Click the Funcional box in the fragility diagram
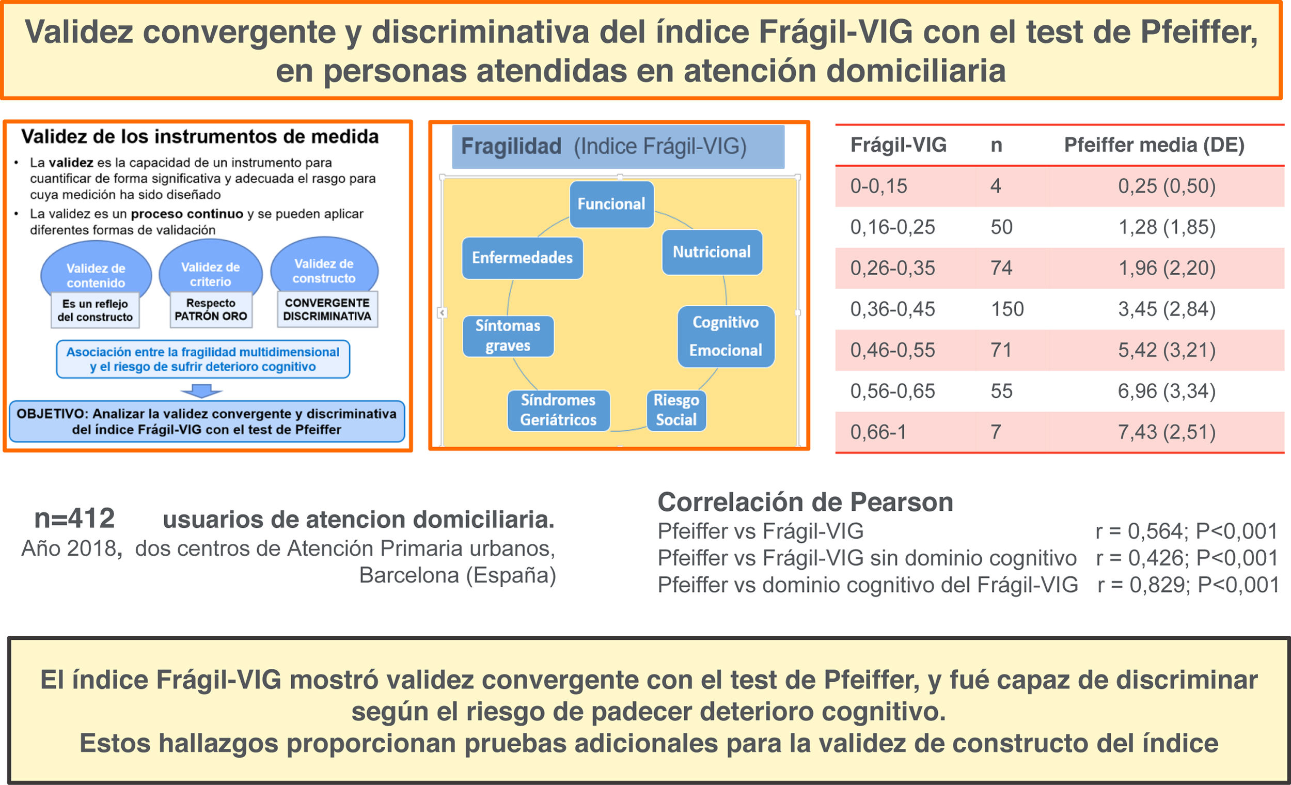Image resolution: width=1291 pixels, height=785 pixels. [x=611, y=204]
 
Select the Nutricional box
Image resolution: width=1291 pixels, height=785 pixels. [x=712, y=252]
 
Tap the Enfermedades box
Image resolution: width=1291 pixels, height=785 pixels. [x=522, y=258]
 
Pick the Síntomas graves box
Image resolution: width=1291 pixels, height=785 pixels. [x=508, y=336]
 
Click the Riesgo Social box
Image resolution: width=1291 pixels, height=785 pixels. [x=676, y=410]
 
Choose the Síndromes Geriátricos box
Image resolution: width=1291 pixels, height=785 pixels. [x=558, y=410]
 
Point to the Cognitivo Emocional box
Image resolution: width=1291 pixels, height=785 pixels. [x=725, y=336]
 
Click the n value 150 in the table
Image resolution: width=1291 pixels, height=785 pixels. [x=1006, y=309]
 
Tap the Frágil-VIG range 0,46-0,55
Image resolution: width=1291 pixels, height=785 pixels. [x=892, y=350]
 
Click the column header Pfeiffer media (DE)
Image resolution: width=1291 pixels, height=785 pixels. [x=1154, y=145]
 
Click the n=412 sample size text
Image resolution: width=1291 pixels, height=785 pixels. [x=74, y=519]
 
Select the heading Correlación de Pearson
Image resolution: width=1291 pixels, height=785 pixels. [x=805, y=502]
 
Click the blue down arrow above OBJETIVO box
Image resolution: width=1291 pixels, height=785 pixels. [x=202, y=391]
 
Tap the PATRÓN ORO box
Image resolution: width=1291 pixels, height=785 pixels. [x=211, y=310]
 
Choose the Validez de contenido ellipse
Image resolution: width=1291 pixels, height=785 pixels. [x=96, y=270]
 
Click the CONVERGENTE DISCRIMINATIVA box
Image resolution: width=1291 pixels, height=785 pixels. [x=327, y=310]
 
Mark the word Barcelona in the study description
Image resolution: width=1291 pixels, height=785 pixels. [x=408, y=575]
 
